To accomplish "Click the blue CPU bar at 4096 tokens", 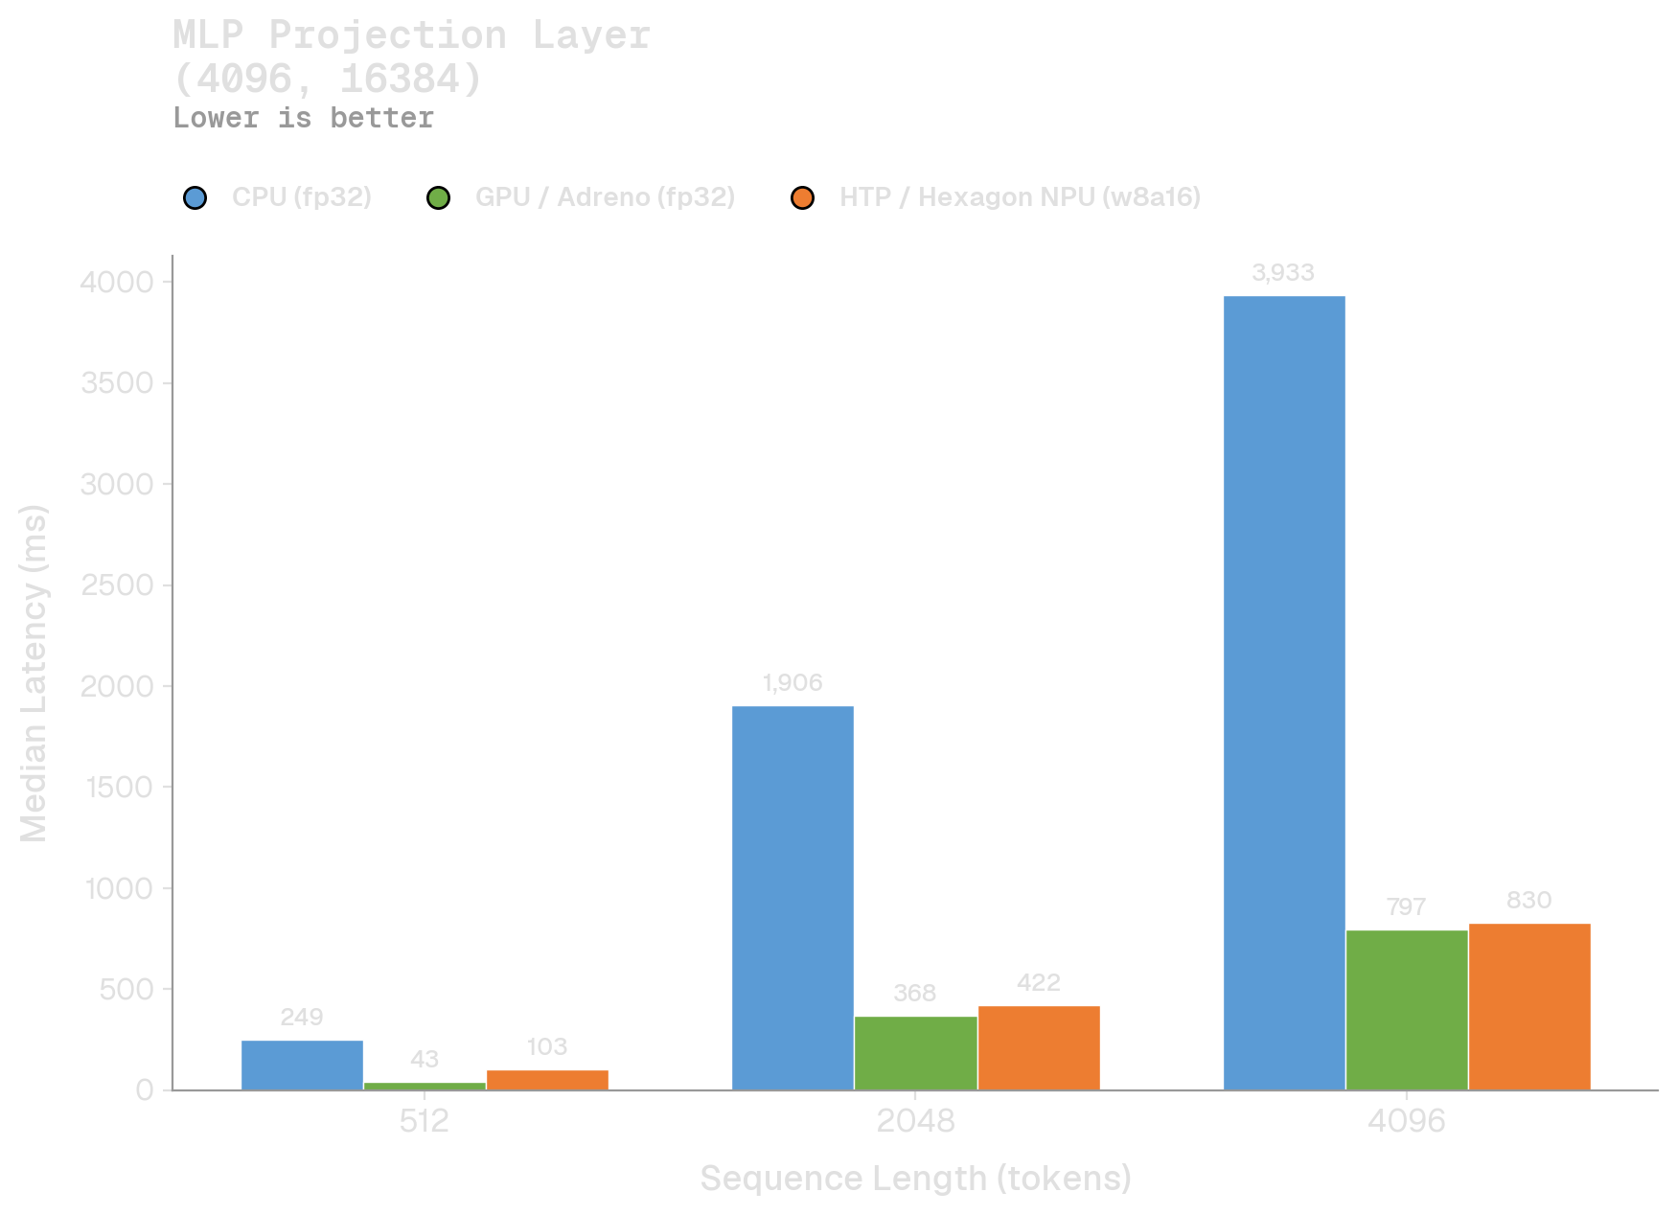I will tap(1284, 693).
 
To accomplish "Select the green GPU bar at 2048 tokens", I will tap(915, 1053).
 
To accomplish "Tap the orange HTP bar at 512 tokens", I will tap(547, 1080).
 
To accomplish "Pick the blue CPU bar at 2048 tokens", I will tap(793, 898).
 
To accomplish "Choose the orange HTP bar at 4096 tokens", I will tap(1529, 1006).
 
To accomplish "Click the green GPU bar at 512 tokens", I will tap(425, 1086).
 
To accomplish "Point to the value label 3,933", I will tap(1283, 273).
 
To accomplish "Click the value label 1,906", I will tap(793, 683).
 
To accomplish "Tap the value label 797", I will tap(1406, 907).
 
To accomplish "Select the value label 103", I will tap(547, 1047).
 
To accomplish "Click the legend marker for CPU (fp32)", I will tap(195, 198).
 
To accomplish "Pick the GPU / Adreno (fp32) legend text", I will tap(605, 197).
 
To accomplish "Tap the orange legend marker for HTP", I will tap(802, 198).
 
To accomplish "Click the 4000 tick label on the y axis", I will tap(117, 282).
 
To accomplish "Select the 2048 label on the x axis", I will tap(915, 1121).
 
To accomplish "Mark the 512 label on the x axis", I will tap(425, 1121).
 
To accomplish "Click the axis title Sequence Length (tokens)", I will tap(915, 1179).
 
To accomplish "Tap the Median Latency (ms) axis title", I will tap(34, 673).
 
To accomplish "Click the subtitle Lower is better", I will tap(303, 118).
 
